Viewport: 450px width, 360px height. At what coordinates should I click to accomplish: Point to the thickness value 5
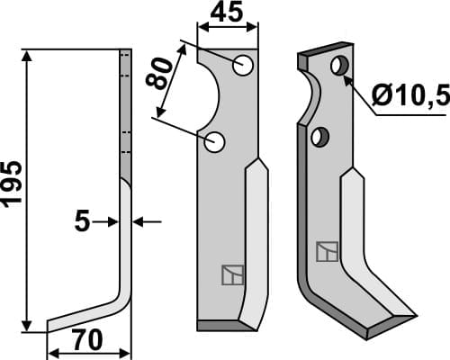click(x=84, y=220)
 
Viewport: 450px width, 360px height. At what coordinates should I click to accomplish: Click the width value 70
click(x=88, y=344)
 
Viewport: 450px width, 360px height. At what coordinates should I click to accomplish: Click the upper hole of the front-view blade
click(x=241, y=65)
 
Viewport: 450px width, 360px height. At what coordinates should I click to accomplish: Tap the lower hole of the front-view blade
click(x=214, y=141)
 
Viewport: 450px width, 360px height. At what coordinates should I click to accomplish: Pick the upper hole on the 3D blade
click(x=339, y=66)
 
